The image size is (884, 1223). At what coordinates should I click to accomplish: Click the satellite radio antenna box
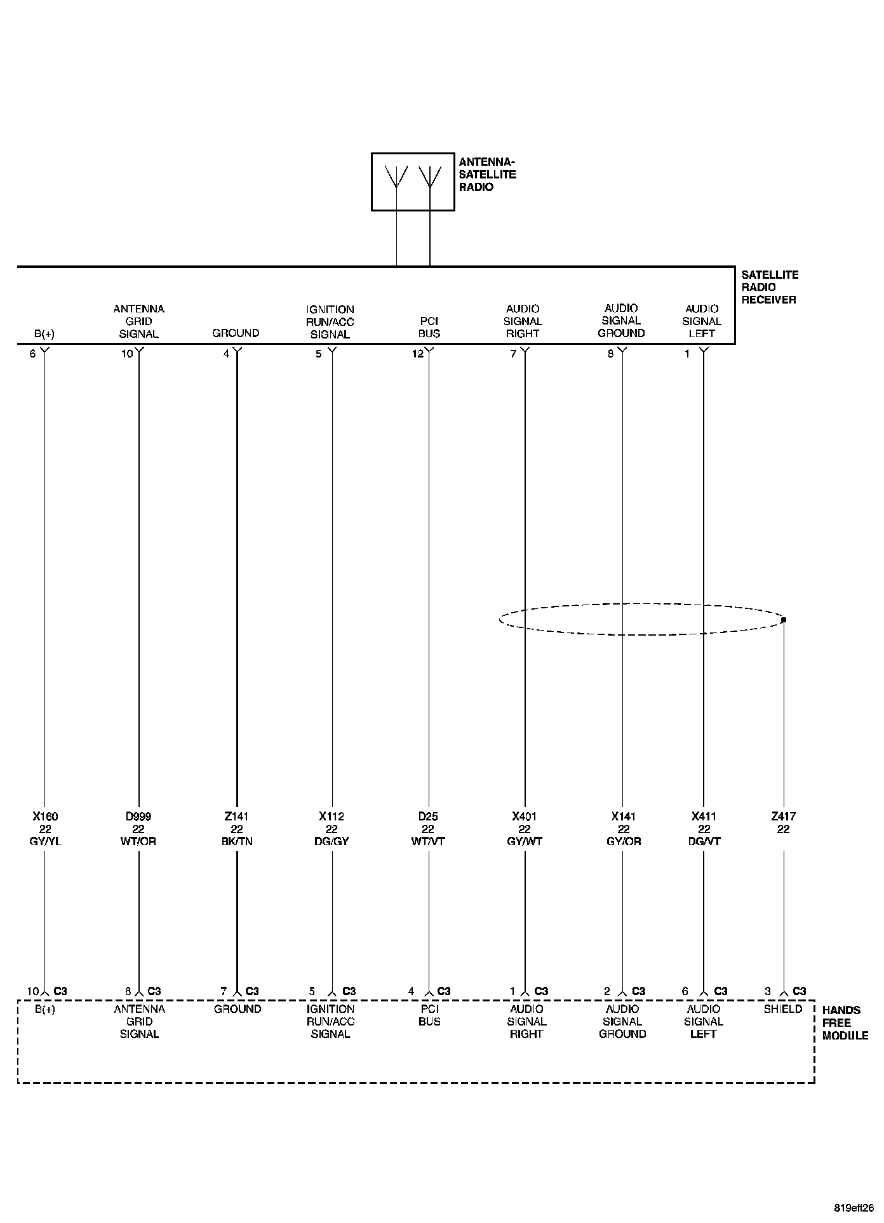(413, 181)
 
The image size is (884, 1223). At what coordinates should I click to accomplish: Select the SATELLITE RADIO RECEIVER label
(768, 287)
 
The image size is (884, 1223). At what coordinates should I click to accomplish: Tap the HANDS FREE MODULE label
(845, 1022)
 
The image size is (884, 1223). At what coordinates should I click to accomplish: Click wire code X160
(45, 817)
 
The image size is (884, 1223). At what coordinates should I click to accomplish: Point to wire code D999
(138, 817)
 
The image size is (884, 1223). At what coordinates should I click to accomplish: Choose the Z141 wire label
(236, 817)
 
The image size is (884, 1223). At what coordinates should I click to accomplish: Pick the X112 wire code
(331, 817)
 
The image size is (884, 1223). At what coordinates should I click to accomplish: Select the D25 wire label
(429, 817)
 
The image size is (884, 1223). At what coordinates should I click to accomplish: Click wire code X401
(525, 817)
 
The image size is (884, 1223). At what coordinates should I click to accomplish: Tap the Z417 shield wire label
(783, 817)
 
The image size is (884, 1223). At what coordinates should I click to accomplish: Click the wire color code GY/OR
(623, 841)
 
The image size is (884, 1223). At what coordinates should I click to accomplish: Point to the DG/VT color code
(704, 841)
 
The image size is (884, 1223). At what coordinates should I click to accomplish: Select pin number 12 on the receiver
(417, 354)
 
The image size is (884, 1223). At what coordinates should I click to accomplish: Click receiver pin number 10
(127, 354)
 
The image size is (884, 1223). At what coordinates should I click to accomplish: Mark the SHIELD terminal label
(783, 1009)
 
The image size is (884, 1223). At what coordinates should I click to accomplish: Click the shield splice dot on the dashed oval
(784, 620)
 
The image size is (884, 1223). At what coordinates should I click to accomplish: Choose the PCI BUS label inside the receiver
(429, 327)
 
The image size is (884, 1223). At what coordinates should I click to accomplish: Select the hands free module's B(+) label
(45, 1009)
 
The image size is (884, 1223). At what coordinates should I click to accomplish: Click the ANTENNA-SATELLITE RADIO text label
(487, 175)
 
